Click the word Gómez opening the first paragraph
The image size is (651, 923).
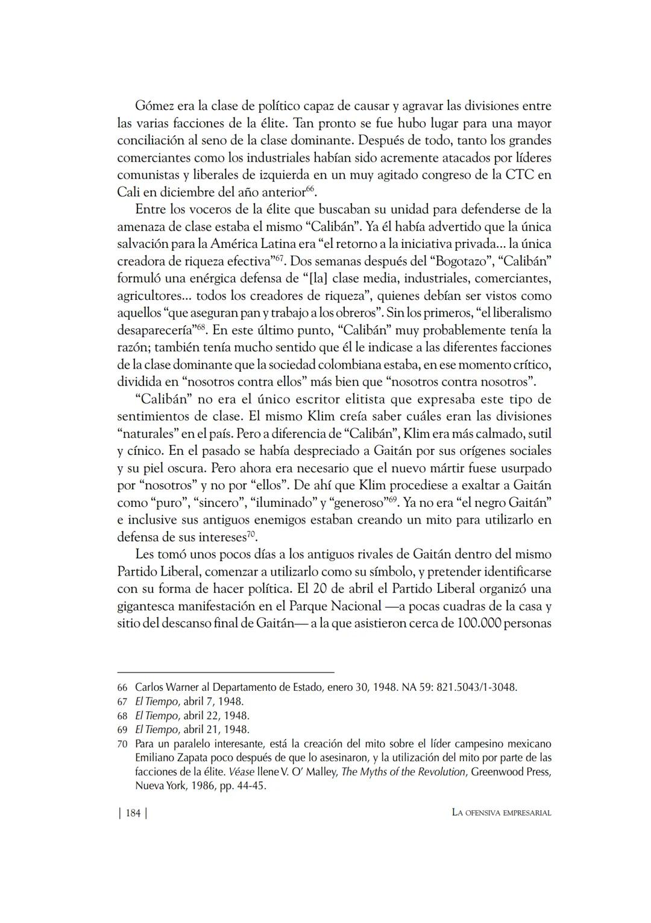[x=151, y=106]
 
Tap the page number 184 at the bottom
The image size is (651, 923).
[x=133, y=813]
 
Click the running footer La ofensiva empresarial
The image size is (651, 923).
[x=502, y=813]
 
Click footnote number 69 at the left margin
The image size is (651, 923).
[x=122, y=729]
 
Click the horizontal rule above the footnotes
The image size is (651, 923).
[x=225, y=672]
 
